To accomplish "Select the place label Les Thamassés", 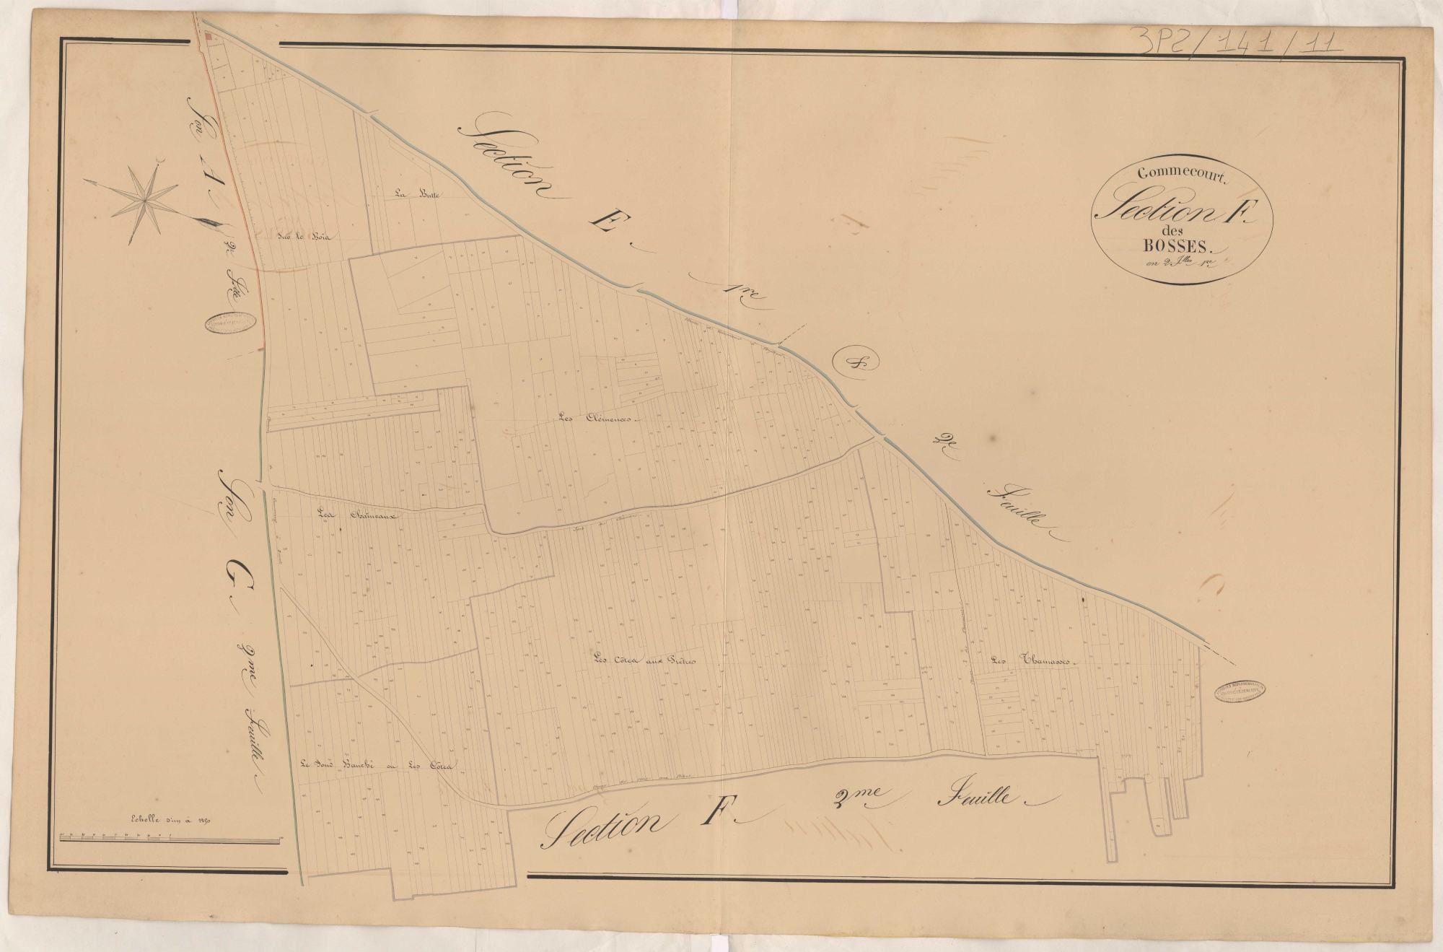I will pyautogui.click(x=1033, y=660).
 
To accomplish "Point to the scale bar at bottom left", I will pyautogui.click(x=170, y=839).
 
